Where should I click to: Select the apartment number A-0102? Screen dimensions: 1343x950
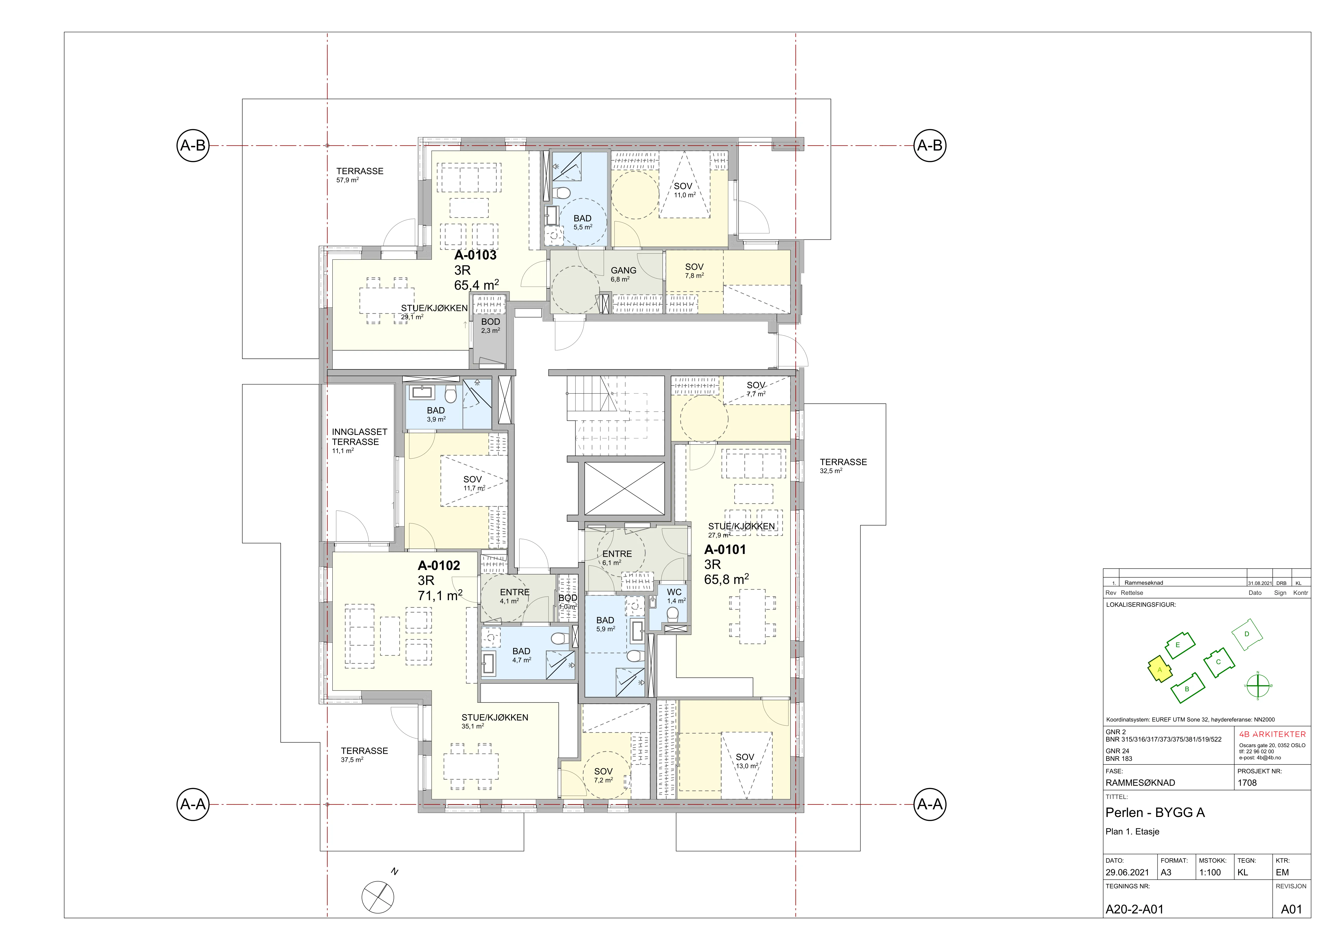(439, 566)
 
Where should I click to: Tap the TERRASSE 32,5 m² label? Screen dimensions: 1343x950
(843, 466)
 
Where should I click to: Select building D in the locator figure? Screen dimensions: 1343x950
(1247, 634)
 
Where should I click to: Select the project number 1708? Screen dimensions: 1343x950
(1247, 783)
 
